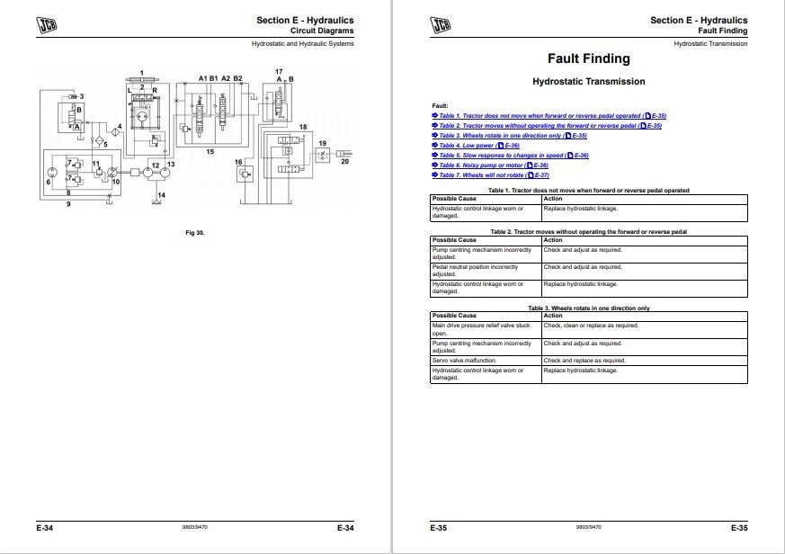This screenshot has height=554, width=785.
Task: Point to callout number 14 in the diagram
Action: (161, 193)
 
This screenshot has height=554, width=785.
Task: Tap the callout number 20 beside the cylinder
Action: (344, 162)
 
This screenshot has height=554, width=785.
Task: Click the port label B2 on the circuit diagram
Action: (237, 79)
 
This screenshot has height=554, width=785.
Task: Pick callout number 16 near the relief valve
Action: (238, 162)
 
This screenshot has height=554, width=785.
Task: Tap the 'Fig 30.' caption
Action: (194, 233)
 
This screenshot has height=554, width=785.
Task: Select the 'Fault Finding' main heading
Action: (588, 58)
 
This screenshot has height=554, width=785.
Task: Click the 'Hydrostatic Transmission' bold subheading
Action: (588, 82)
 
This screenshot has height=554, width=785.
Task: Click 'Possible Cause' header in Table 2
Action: (455, 240)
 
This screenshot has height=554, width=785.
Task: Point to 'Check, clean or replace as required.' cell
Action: (591, 326)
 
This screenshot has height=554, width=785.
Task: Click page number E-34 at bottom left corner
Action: (46, 528)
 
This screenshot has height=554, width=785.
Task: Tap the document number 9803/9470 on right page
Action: (587, 528)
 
